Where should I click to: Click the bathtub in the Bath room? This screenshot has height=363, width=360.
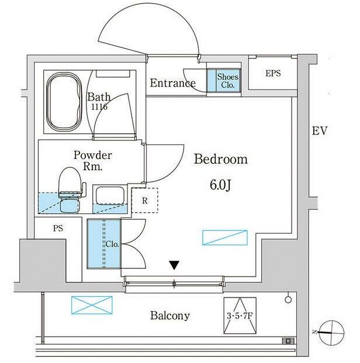coord(64,101)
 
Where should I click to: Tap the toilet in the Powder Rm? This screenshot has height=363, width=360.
coord(70,189)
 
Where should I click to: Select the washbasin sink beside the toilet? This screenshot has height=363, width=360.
coord(109,196)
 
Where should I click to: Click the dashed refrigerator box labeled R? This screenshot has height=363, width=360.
coord(145,200)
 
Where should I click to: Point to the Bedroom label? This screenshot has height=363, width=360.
coord(221,159)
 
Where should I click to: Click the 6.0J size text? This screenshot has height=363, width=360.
coord(221,185)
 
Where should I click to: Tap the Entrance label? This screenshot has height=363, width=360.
coord(173,83)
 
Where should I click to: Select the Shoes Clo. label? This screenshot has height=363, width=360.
coord(227,81)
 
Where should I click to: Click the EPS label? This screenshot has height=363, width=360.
coord(273,74)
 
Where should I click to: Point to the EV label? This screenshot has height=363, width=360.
coord(320,131)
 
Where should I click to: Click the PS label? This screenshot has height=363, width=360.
coord(58,229)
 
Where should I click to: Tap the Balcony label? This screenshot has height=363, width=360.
coord(170,316)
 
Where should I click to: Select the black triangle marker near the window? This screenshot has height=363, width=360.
coord(174,265)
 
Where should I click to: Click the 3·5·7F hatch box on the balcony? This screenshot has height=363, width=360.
coord(240,316)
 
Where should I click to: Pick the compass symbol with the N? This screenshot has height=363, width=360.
coord(331,333)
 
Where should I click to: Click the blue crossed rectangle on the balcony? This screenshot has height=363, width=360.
coord(92,305)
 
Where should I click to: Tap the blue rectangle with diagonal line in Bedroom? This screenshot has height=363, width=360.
coord(225,237)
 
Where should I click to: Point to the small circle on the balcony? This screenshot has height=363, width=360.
coord(288,299)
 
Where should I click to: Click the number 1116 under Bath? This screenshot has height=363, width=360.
coord(99,107)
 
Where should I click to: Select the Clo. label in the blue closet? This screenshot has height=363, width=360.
coord(112,244)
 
